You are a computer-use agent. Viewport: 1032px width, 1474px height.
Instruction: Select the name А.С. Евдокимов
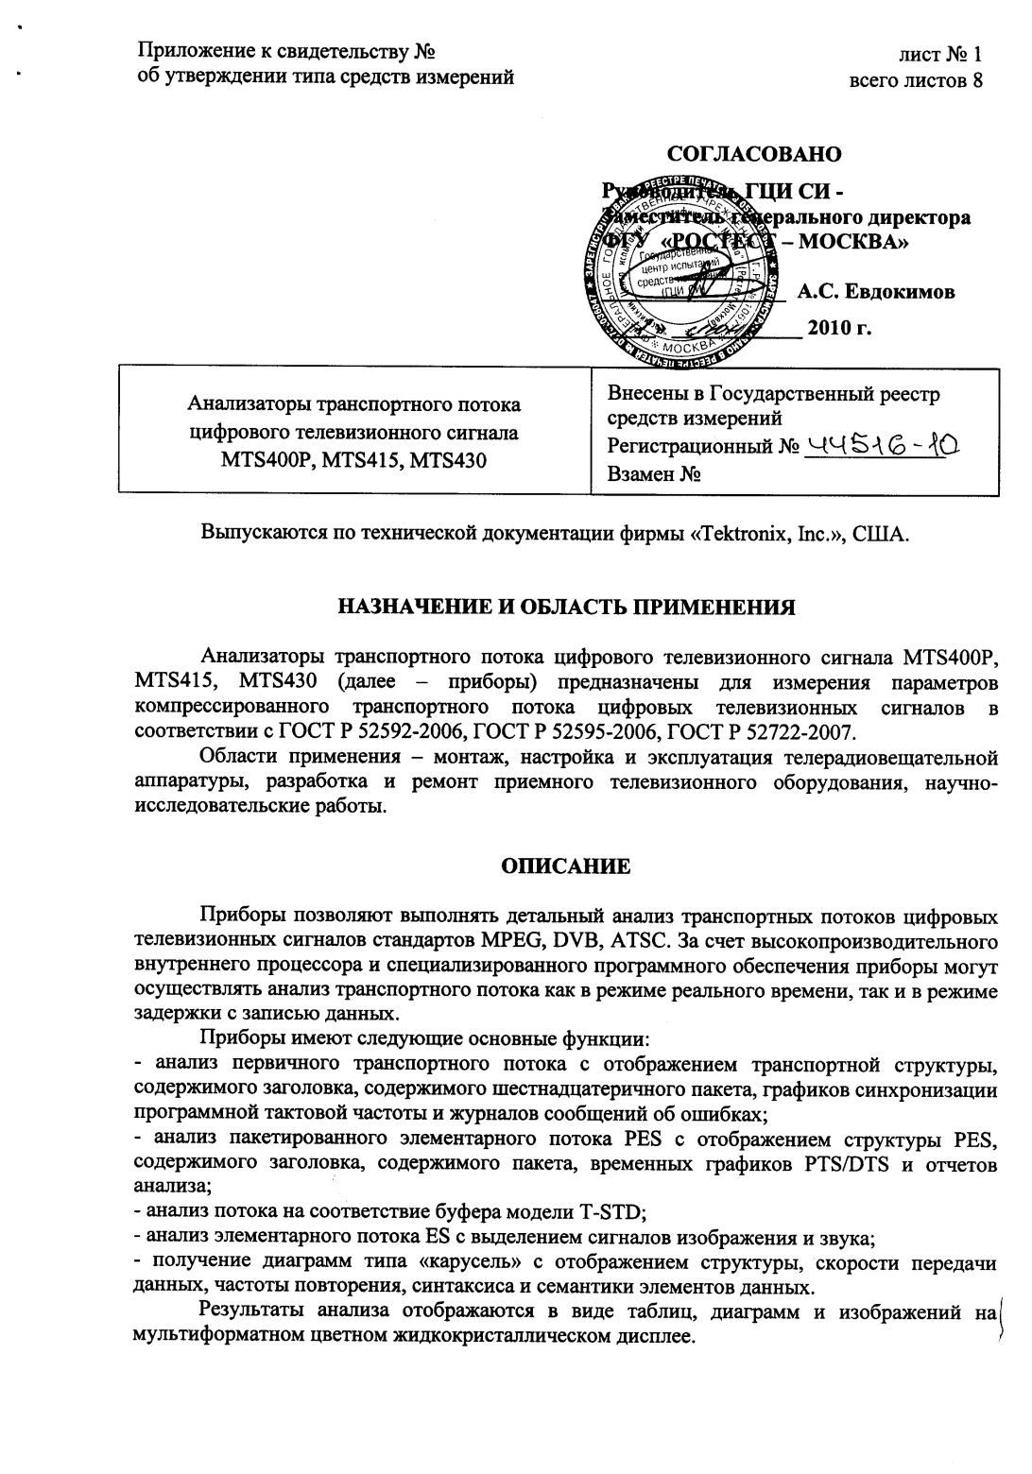pos(875,292)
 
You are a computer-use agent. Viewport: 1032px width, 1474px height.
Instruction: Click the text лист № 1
pos(940,54)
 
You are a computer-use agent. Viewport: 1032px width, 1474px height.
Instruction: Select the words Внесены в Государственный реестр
pos(774,394)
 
